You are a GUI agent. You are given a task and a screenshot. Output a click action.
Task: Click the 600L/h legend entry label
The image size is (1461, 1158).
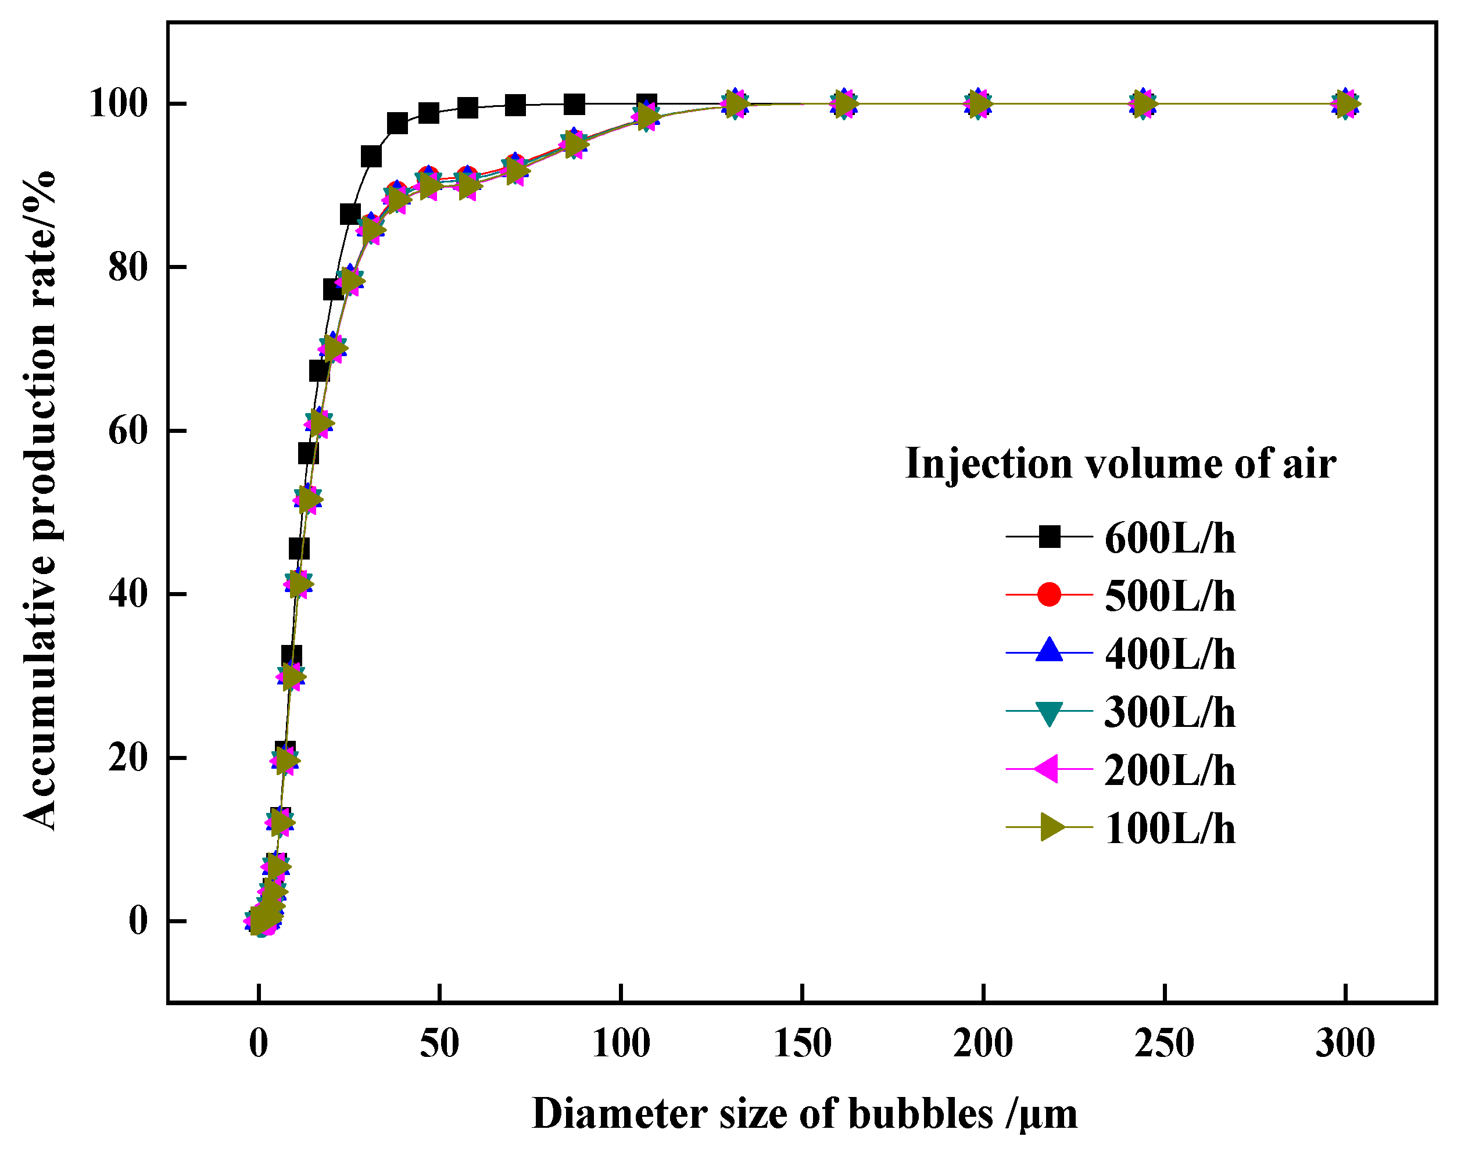[1170, 539]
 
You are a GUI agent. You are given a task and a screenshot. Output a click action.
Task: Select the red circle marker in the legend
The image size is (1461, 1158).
[1049, 594]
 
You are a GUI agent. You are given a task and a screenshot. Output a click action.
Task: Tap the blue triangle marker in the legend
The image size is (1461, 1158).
[1049, 651]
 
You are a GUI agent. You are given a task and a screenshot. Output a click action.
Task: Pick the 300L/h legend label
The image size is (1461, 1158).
[1170, 713]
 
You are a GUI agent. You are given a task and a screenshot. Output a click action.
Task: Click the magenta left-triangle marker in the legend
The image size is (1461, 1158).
[1048, 769]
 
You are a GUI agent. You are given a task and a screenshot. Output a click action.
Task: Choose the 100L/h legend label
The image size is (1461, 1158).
[1170, 829]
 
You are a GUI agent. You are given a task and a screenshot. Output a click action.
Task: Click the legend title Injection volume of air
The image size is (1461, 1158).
[1120, 464]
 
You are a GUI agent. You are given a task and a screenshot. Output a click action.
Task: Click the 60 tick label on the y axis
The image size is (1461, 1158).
[128, 431]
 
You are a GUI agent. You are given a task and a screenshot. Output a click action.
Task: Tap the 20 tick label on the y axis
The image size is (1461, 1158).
[128, 757]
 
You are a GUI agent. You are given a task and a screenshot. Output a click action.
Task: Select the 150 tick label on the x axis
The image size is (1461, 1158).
[803, 1044]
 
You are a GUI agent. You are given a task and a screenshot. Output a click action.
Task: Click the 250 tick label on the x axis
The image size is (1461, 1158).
[1164, 1044]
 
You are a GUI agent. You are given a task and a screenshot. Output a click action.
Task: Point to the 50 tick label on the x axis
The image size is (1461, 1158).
[439, 1044]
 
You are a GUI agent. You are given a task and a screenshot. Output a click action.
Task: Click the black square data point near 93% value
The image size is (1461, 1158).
[371, 156]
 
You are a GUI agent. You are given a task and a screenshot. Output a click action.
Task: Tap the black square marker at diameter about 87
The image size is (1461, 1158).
[574, 105]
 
